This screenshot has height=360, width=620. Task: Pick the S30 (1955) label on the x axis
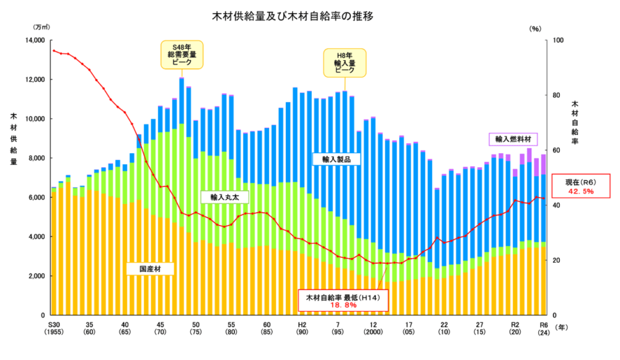pos(54,329)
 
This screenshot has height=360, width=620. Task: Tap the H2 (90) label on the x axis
pos(302,329)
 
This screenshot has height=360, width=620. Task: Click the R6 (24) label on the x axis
pos(544,329)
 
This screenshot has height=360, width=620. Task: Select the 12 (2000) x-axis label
pos(373,329)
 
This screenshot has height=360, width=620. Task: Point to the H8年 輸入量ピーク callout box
pos(345,63)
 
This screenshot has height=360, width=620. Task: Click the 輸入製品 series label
pos(337,159)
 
